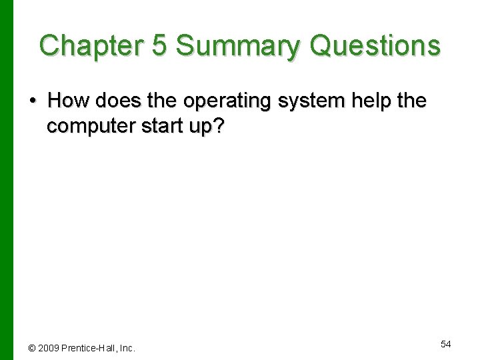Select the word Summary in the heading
tap(230, 46)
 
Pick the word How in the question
tap(69, 101)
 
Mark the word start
tap(155, 127)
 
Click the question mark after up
tap(219, 127)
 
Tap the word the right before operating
tap(163, 101)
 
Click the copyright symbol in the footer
tap(31, 348)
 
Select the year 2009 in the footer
tap(48, 348)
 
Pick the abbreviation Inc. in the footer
tap(127, 348)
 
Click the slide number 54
tap(446, 344)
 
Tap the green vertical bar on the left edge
tap(6, 180)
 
